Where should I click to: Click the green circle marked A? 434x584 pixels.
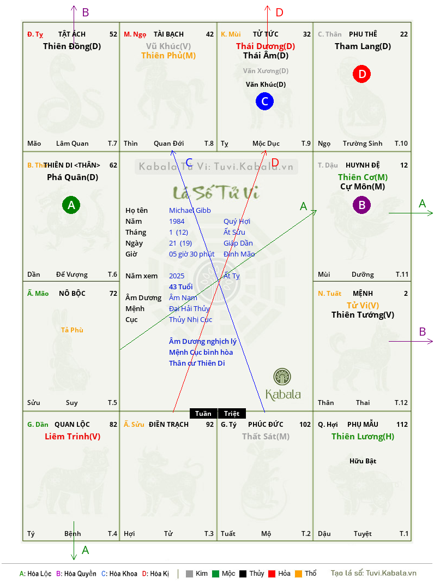(x=71, y=205)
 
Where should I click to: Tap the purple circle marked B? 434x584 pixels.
(x=361, y=205)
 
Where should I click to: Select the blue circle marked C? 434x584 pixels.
(x=264, y=102)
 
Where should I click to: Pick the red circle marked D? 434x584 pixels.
(x=362, y=74)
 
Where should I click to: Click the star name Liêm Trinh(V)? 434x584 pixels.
(x=73, y=437)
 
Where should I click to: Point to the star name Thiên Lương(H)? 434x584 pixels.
(x=363, y=437)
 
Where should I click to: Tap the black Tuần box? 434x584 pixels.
(x=203, y=413)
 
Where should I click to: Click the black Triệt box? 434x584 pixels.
(x=232, y=413)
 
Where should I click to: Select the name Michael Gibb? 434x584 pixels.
(x=190, y=211)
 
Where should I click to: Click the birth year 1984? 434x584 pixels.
(x=177, y=221)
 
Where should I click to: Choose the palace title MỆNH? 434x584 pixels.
(x=363, y=294)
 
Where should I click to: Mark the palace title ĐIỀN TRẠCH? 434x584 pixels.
(x=168, y=425)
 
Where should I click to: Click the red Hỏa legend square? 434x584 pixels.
(x=272, y=574)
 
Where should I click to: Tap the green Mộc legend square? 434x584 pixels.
(x=215, y=574)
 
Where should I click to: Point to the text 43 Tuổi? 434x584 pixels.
(x=181, y=287)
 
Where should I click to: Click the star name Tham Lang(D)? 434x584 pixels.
(x=363, y=46)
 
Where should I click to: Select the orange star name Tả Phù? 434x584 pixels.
(x=72, y=330)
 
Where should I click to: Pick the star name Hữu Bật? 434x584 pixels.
(x=363, y=461)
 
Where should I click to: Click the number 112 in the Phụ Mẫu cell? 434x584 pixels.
(x=402, y=425)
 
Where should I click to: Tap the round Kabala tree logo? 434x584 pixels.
(x=282, y=377)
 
